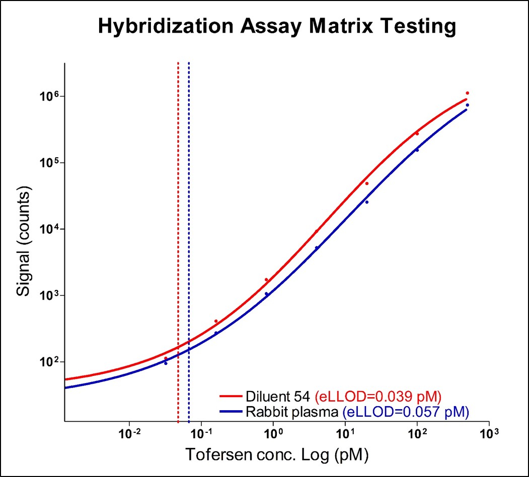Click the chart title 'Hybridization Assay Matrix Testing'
[x=277, y=26]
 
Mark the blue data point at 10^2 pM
[x=417, y=150]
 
